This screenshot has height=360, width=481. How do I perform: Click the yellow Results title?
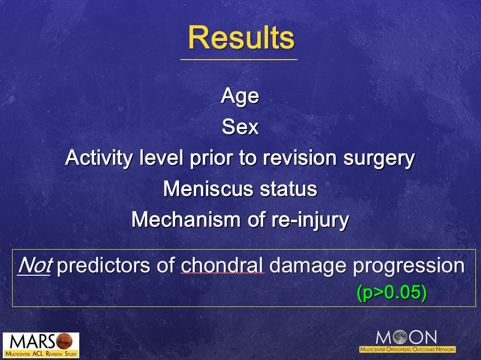(241, 38)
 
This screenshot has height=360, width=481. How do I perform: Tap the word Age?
(240, 96)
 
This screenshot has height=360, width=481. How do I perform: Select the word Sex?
(240, 127)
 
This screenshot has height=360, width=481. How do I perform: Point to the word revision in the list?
(301, 158)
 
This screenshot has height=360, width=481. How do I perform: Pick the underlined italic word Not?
(34, 265)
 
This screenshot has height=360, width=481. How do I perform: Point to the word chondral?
(222, 265)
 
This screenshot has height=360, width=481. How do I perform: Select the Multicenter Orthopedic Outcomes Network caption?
(407, 349)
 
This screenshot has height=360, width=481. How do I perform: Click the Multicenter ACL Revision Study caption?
(41, 354)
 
